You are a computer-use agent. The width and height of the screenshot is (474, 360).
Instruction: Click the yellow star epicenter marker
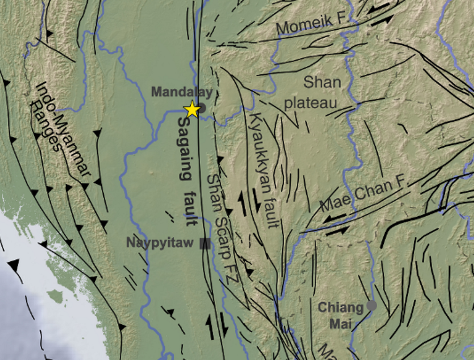(192, 109)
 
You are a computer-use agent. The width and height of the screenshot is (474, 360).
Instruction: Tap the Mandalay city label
(181, 92)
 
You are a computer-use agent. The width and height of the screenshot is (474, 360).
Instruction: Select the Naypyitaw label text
(160, 243)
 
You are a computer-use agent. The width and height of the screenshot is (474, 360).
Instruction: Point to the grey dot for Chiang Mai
(371, 305)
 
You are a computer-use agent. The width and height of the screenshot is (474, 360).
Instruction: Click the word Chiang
(341, 308)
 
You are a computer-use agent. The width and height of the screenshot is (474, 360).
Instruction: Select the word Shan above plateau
(322, 82)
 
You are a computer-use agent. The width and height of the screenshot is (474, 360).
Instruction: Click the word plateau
(310, 103)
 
